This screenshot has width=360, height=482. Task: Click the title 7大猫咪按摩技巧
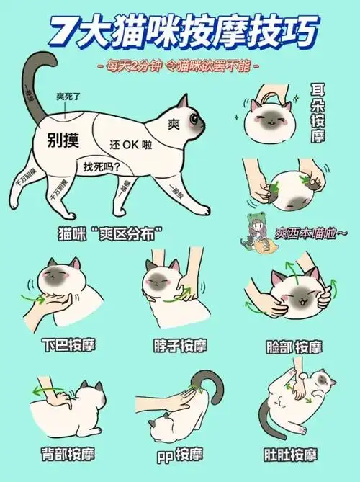click(x=180, y=32)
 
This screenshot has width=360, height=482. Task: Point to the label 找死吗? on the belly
click(x=102, y=166)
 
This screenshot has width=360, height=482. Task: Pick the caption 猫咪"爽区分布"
click(x=109, y=235)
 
